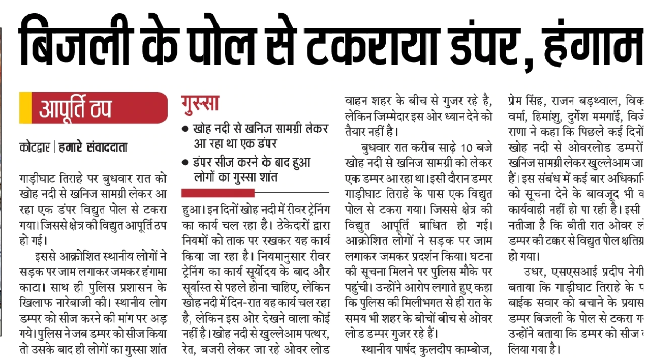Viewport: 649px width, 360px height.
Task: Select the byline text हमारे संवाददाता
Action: (93, 148)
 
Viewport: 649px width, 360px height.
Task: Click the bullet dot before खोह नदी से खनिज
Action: (186, 129)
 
